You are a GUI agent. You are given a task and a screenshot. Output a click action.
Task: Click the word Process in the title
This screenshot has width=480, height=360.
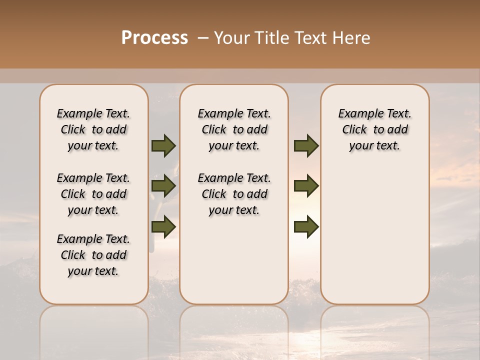(154, 38)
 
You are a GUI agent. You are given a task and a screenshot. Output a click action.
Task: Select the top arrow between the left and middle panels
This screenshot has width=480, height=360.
(163, 146)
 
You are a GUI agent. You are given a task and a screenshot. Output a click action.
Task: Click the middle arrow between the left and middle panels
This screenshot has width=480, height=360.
(163, 186)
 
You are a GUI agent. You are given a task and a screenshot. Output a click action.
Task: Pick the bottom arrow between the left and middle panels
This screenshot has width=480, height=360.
(163, 227)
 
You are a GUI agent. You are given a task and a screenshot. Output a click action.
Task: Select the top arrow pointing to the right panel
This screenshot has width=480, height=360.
(306, 146)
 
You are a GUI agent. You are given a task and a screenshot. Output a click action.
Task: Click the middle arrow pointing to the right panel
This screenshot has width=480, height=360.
(306, 186)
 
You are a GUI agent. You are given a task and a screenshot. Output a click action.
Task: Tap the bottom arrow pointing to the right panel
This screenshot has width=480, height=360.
(306, 227)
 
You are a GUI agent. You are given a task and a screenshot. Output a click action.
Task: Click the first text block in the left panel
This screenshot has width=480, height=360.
(93, 129)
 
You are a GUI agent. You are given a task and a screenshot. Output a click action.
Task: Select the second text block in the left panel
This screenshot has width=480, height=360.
(93, 194)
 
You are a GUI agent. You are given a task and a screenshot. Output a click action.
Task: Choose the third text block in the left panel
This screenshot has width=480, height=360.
(93, 255)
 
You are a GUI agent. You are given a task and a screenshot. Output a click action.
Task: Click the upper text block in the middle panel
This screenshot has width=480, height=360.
(234, 129)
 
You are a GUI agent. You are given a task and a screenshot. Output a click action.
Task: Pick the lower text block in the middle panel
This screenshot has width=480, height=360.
(234, 194)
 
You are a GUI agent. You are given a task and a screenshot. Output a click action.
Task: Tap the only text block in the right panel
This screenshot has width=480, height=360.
(374, 129)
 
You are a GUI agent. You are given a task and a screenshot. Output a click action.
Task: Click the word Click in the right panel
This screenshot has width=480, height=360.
(354, 130)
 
